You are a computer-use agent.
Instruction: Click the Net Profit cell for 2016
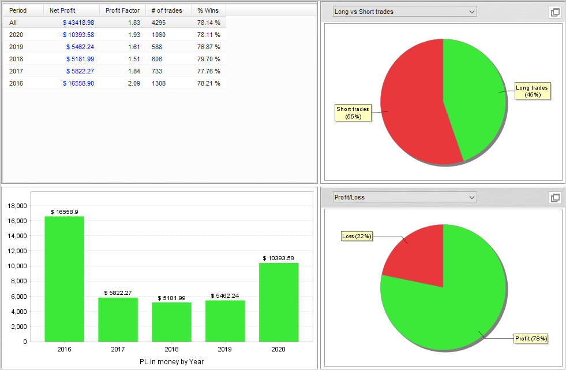tap(78, 83)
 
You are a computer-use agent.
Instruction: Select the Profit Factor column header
tap(122, 10)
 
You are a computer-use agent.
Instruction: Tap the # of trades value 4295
tap(159, 23)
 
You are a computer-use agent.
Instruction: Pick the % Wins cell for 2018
tap(208, 59)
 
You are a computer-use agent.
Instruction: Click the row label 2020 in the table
tap(16, 35)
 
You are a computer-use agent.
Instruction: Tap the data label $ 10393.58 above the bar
tap(279, 258)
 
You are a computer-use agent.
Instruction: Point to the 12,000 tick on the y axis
tap(18, 251)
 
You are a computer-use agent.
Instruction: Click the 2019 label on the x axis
tap(225, 349)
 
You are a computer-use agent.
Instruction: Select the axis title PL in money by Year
tap(171, 362)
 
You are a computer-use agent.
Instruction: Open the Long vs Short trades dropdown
tap(404, 12)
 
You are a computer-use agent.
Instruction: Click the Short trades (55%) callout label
tap(353, 113)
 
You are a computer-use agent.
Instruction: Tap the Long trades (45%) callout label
tap(533, 91)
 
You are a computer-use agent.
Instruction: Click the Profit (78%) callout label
tap(531, 338)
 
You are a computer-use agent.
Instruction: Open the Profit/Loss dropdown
tap(404, 197)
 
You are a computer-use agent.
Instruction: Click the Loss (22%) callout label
tap(357, 236)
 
